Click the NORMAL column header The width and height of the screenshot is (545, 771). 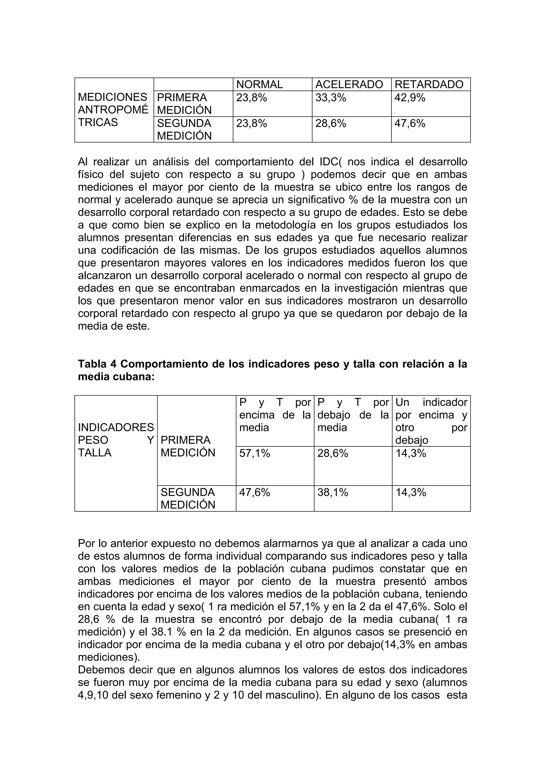tap(259, 84)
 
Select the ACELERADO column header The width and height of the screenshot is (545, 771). tap(349, 84)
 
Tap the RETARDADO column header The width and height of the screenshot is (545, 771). tap(429, 84)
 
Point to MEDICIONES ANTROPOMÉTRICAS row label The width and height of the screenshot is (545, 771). tap(113, 110)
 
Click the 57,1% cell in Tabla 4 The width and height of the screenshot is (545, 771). tap(254, 453)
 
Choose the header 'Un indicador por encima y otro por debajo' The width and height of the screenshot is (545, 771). tap(431, 421)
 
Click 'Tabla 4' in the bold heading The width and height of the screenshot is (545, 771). tap(97, 364)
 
